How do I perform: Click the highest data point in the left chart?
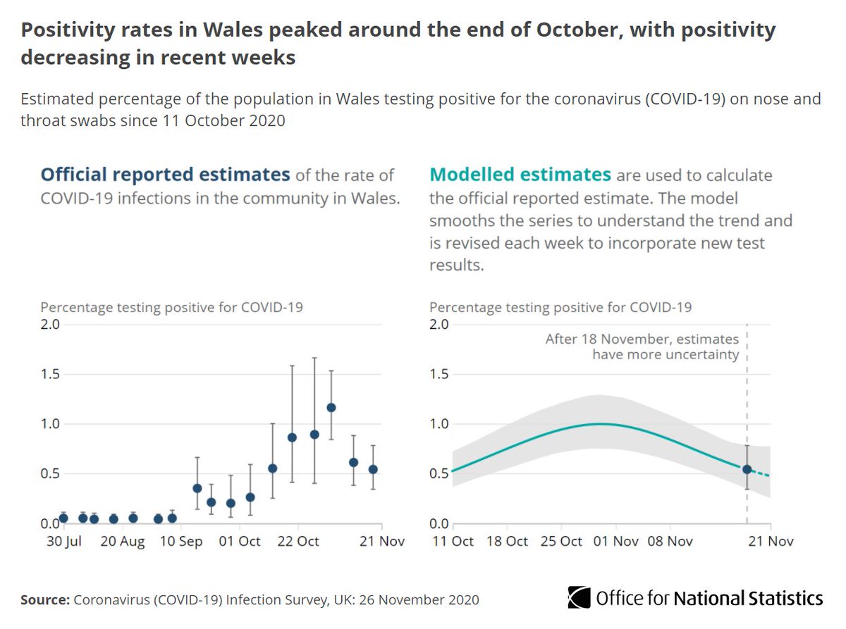331,408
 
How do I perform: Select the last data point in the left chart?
373,469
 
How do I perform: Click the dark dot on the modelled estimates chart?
747,469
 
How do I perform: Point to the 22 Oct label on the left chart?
297,542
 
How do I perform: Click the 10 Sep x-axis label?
183,542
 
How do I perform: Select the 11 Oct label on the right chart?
452,542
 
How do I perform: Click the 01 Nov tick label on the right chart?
616,542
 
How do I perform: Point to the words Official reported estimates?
165,175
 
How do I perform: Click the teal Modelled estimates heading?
520,175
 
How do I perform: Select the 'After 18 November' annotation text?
642,347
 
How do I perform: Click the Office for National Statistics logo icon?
579,598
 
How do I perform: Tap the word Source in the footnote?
44,600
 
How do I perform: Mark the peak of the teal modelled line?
600,423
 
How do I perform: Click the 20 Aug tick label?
123,542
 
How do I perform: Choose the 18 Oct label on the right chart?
507,542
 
